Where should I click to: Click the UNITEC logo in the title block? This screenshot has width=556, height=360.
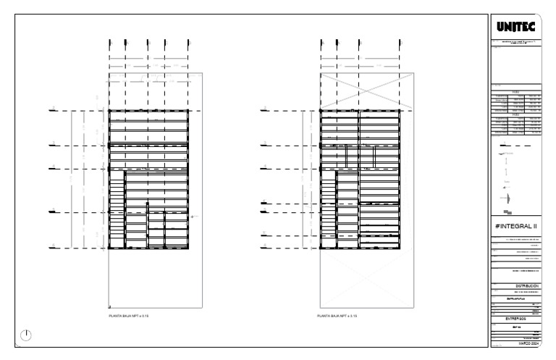pyautogui.click(x=515, y=28)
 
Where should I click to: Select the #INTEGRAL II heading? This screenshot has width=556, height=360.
pyautogui.click(x=515, y=226)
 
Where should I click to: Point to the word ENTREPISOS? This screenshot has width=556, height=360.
pyautogui.click(x=515, y=317)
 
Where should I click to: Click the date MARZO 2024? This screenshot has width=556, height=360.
pyautogui.click(x=526, y=343)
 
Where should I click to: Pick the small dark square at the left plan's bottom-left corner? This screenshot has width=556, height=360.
pyautogui.click(x=109, y=307)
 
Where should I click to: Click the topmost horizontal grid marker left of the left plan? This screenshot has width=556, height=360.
pyautogui.click(x=53, y=110)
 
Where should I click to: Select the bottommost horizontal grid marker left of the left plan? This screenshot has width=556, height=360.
pyautogui.click(x=53, y=247)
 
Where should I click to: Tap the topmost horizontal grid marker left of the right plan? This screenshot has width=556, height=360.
pyautogui.click(x=265, y=110)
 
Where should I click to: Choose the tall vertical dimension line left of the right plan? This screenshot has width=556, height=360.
pyautogui.click(x=283, y=178)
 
